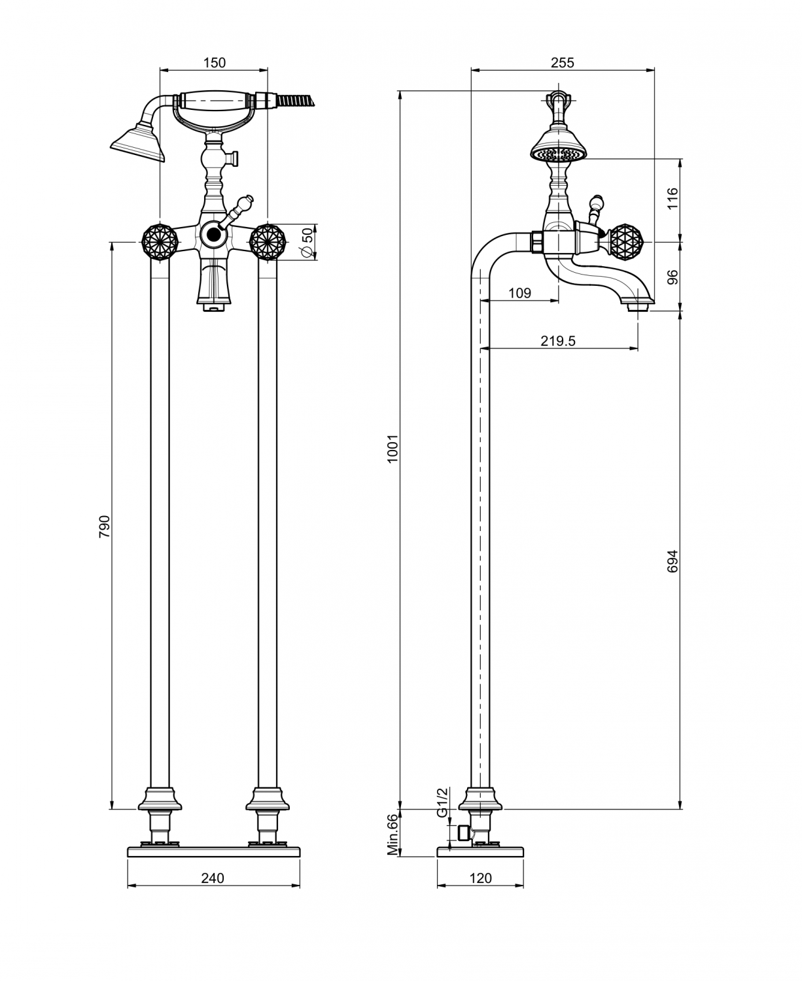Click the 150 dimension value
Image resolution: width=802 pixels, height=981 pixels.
pyautogui.click(x=215, y=62)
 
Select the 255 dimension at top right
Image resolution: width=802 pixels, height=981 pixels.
pyautogui.click(x=563, y=62)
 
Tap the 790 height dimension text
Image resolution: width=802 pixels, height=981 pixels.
pyautogui.click(x=104, y=526)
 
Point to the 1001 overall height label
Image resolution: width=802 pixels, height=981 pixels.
pyautogui.click(x=392, y=449)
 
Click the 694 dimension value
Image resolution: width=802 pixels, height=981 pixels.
pyautogui.click(x=672, y=561)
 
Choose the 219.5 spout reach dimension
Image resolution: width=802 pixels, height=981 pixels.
pyautogui.click(x=558, y=341)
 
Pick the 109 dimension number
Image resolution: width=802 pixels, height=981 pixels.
pyautogui.click(x=519, y=293)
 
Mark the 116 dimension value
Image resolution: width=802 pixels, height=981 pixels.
pyautogui.click(x=672, y=199)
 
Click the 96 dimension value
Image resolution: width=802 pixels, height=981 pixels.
pyautogui.click(x=672, y=277)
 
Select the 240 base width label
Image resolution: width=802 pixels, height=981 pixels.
pyautogui.click(x=213, y=878)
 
